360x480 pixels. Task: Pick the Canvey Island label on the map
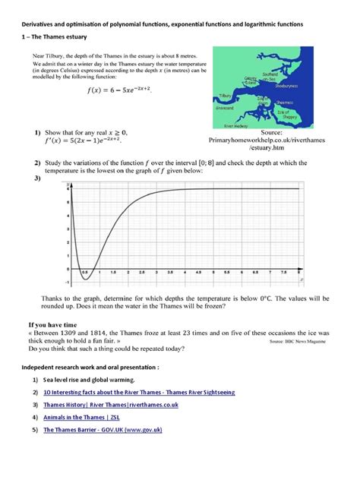(250, 79)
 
